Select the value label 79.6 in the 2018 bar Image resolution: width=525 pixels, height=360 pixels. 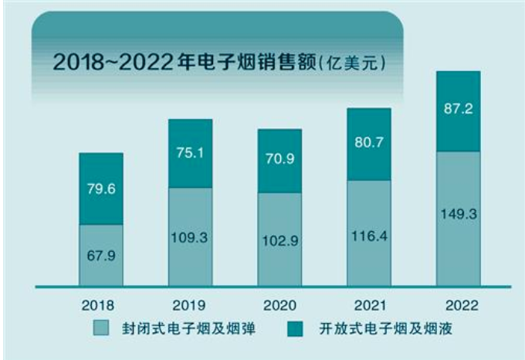click(101, 188)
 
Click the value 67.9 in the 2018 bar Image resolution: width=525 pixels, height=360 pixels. click(101, 253)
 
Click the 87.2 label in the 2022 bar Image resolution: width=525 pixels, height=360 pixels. click(458, 109)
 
